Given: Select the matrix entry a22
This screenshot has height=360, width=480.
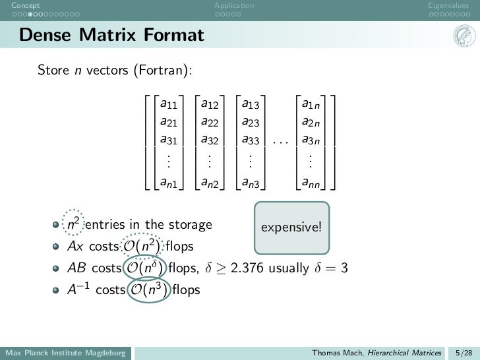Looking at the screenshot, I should click(210, 121).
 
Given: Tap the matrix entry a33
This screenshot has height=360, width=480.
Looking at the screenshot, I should click(251, 139).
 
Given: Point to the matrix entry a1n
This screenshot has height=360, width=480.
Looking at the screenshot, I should click(312, 104).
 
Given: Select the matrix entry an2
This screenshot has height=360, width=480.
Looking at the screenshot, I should click(210, 183).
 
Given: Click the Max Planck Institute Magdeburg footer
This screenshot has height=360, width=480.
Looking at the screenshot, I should click(65, 353).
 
